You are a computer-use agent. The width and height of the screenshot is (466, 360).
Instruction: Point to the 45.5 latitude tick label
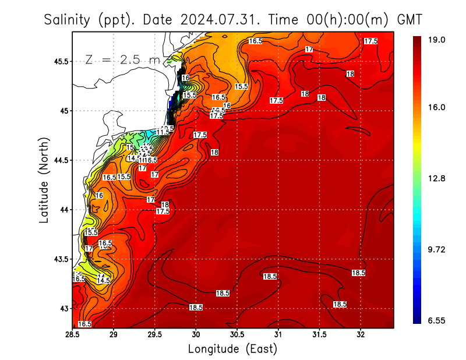pyautogui.click(x=58, y=61)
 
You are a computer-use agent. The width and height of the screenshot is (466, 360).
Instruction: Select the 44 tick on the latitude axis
pyautogui.click(x=63, y=210)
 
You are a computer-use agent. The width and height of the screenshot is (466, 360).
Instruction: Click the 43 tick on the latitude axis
pyautogui.click(x=63, y=308)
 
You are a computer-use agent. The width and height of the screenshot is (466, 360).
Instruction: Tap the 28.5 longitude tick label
pyautogui.click(x=73, y=335)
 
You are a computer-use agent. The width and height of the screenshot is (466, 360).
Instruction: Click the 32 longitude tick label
pyautogui.click(x=361, y=335)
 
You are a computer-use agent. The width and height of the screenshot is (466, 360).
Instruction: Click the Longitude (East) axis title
pyautogui.click(x=232, y=348)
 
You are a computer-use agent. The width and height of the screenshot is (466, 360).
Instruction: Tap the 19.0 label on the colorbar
pyautogui.click(x=437, y=40)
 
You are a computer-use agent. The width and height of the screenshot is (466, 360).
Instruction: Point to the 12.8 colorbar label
pyautogui.click(x=437, y=178)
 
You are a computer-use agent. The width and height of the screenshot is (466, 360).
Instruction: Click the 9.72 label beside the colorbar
pyautogui.click(x=437, y=249)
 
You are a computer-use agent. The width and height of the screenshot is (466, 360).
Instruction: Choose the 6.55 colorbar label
pyautogui.click(x=437, y=320)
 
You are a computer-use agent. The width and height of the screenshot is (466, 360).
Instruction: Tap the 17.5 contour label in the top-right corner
pyautogui.click(x=370, y=41)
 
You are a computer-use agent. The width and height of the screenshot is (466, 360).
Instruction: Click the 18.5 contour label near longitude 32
pyautogui.click(x=358, y=273)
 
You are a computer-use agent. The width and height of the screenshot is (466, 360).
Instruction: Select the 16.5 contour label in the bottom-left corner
pyautogui.click(x=84, y=324)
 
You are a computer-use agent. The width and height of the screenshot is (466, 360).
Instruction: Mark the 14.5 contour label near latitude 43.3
pyautogui.click(x=103, y=280)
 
